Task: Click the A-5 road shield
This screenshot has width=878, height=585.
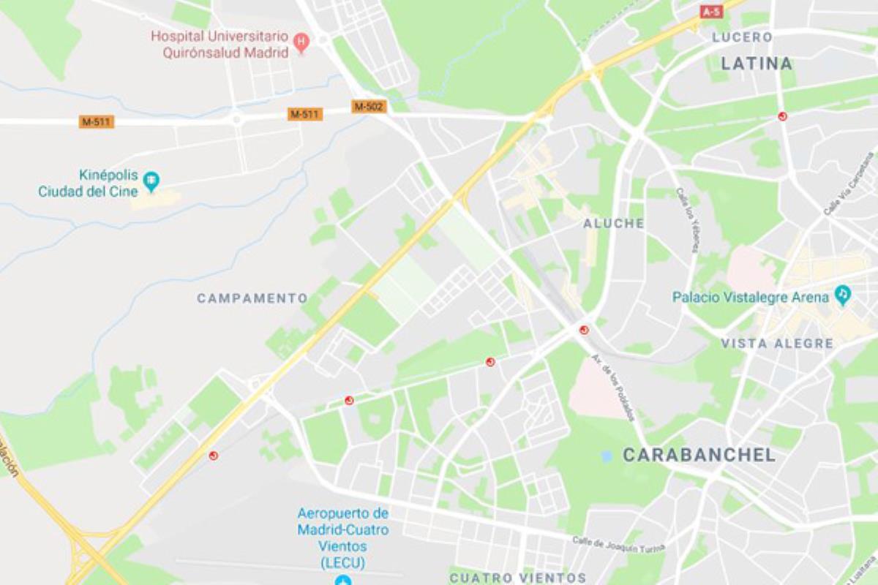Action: [x=710, y=12]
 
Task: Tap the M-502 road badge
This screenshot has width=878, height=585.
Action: [x=369, y=107]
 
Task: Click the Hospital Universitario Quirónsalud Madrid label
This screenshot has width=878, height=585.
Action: [x=220, y=44]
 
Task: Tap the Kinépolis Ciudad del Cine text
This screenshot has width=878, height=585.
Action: [x=89, y=184]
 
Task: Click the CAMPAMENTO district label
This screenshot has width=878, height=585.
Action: [x=252, y=298]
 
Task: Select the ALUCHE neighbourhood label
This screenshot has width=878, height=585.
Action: [x=614, y=224]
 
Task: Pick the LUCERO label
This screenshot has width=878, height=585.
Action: [x=742, y=37]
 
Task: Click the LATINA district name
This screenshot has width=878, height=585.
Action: [x=757, y=64]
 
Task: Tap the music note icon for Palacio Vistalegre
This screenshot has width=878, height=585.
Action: [x=843, y=296]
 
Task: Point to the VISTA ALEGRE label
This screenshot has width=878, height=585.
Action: [x=777, y=344]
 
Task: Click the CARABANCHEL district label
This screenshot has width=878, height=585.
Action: [x=699, y=455]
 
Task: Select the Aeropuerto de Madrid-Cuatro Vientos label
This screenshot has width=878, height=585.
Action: [x=342, y=537]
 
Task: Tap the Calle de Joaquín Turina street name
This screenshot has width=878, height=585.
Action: [x=618, y=543]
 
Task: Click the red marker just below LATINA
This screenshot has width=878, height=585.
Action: [x=782, y=116]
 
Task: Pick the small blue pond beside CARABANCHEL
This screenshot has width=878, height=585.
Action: [x=606, y=456]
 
